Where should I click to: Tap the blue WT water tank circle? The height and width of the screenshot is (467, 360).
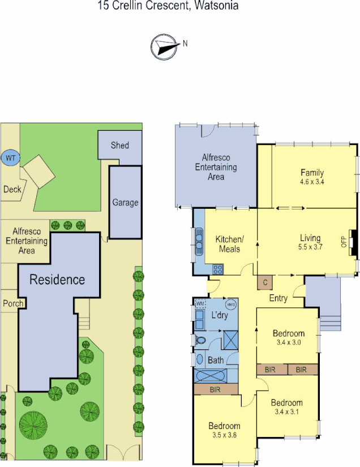10,158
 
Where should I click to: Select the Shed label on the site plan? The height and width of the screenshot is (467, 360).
119,145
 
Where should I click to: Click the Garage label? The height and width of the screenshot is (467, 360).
125,203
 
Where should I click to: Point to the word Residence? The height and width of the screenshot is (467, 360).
57,280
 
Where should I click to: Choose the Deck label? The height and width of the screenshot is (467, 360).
12,190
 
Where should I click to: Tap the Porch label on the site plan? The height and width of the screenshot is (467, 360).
13,303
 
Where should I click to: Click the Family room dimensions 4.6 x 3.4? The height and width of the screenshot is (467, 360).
312,182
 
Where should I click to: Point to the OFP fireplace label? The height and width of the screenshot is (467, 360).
343,242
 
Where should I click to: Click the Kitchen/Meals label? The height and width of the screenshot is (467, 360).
229,245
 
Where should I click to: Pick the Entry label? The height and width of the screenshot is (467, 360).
278,298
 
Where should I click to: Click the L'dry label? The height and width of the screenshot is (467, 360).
219,315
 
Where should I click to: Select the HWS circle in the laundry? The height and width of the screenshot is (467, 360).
232,304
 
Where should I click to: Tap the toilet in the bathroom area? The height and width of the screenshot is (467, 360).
201,341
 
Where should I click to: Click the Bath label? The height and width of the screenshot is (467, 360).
216,359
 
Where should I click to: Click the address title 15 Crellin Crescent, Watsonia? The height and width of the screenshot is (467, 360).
168,6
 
